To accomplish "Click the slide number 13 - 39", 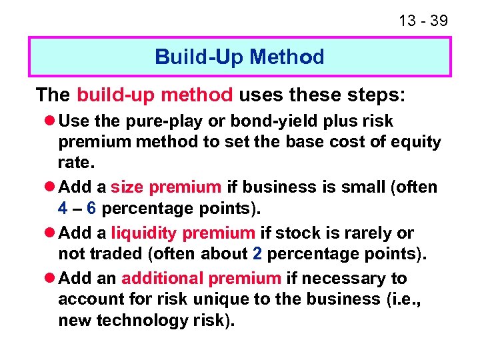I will (x=423, y=21).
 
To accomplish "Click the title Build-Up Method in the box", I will (x=239, y=57).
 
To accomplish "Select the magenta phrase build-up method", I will (x=155, y=95).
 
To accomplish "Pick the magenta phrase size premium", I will (x=165, y=187).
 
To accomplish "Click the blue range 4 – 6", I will (x=78, y=208).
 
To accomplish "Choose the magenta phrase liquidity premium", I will (x=183, y=233).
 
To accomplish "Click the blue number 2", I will (x=257, y=253).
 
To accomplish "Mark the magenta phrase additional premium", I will (x=201, y=279).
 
